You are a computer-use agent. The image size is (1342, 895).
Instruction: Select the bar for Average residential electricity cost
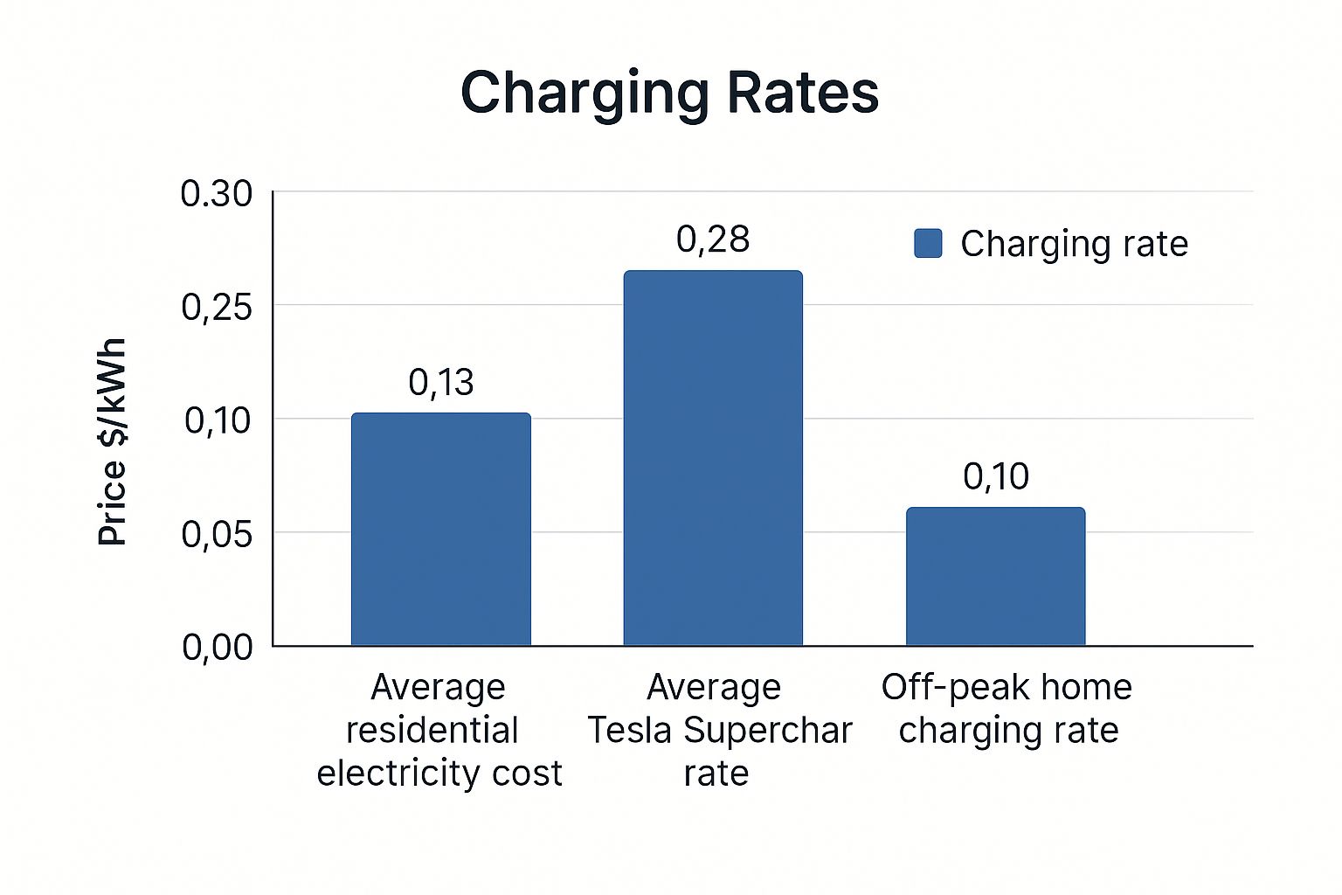point(440,530)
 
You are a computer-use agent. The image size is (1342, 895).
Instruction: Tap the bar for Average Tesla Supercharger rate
point(712,458)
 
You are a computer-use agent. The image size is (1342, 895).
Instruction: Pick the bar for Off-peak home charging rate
point(995,577)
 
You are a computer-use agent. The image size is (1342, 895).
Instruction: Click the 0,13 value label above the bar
point(440,383)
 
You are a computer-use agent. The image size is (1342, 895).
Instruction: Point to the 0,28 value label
point(712,239)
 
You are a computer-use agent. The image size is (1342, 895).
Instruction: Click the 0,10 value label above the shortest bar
point(995,476)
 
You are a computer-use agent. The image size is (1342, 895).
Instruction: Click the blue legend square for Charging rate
point(928,244)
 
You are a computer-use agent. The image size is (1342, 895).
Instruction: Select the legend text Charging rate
point(1074,244)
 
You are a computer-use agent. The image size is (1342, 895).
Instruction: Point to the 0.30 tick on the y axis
point(216,194)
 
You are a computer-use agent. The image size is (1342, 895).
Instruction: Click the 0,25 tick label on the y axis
point(216,307)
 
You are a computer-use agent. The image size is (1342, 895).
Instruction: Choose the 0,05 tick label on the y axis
point(216,533)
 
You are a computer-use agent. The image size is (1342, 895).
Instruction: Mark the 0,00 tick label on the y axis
point(216,647)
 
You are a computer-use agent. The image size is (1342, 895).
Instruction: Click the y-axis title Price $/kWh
point(113,441)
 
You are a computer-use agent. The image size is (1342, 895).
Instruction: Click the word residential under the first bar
point(432,731)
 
